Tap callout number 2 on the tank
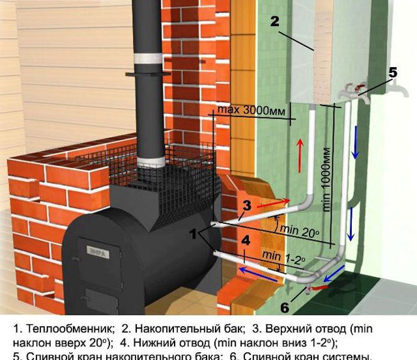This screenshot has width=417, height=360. (x=275, y=21)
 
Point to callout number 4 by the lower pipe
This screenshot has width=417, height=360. (x=246, y=240)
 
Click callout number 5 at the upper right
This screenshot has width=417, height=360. (x=393, y=73)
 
